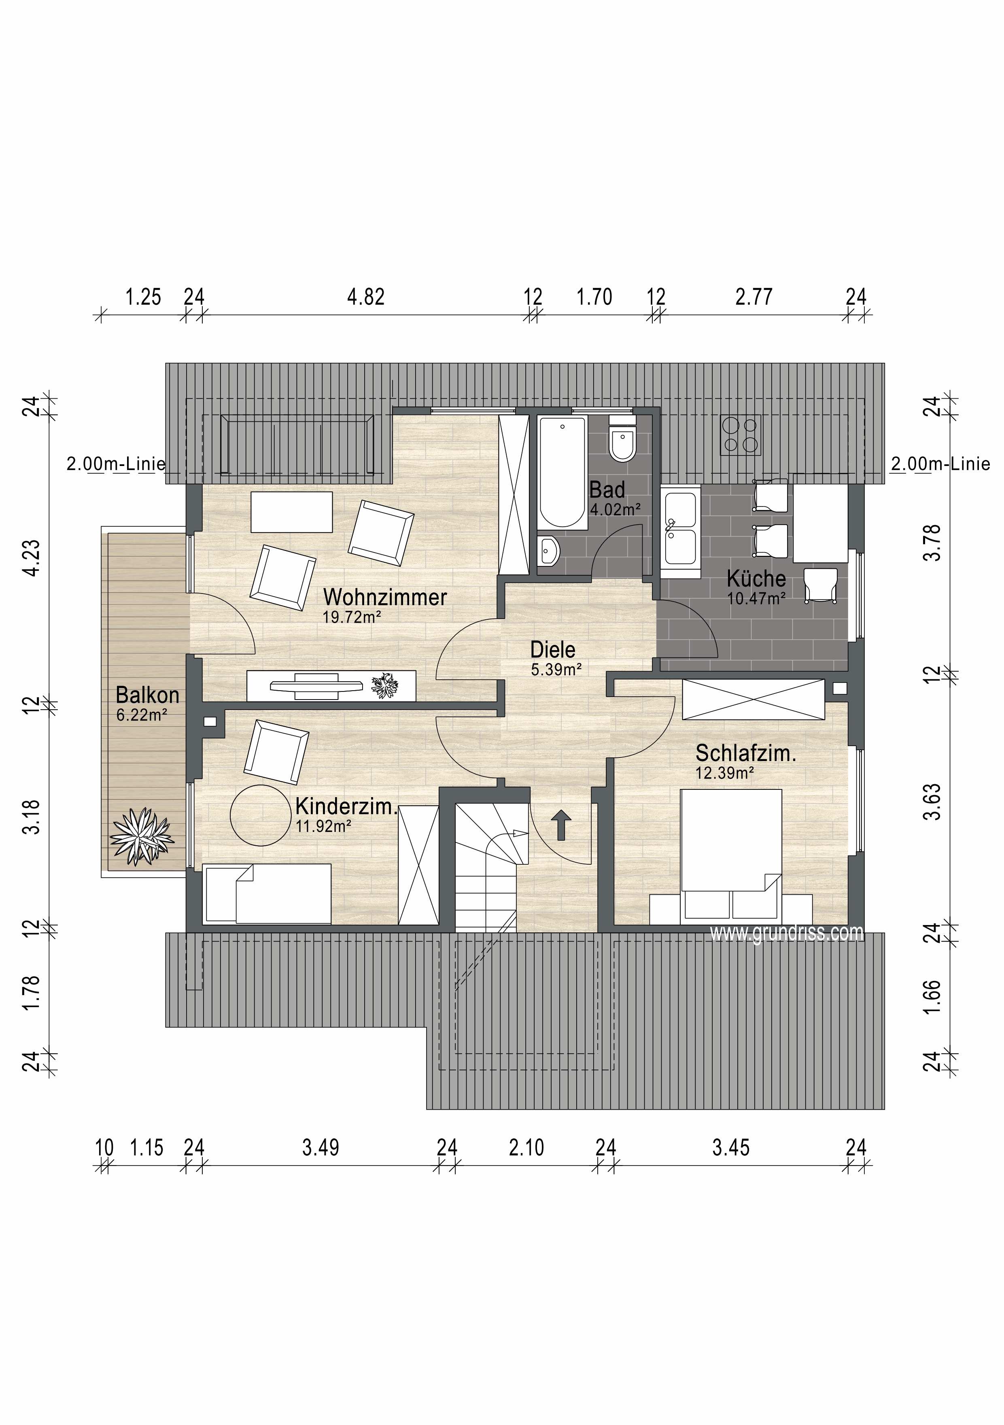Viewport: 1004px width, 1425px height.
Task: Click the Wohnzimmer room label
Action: pyautogui.click(x=385, y=597)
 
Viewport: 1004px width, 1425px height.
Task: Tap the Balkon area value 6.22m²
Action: pyautogui.click(x=142, y=715)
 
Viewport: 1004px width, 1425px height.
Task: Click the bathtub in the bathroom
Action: pyautogui.click(x=562, y=472)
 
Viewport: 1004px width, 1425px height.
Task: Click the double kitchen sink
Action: pyautogui.click(x=680, y=528)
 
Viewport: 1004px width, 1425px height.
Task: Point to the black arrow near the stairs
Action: pyautogui.click(x=562, y=825)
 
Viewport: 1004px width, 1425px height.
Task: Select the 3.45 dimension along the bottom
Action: pyautogui.click(x=731, y=1148)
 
